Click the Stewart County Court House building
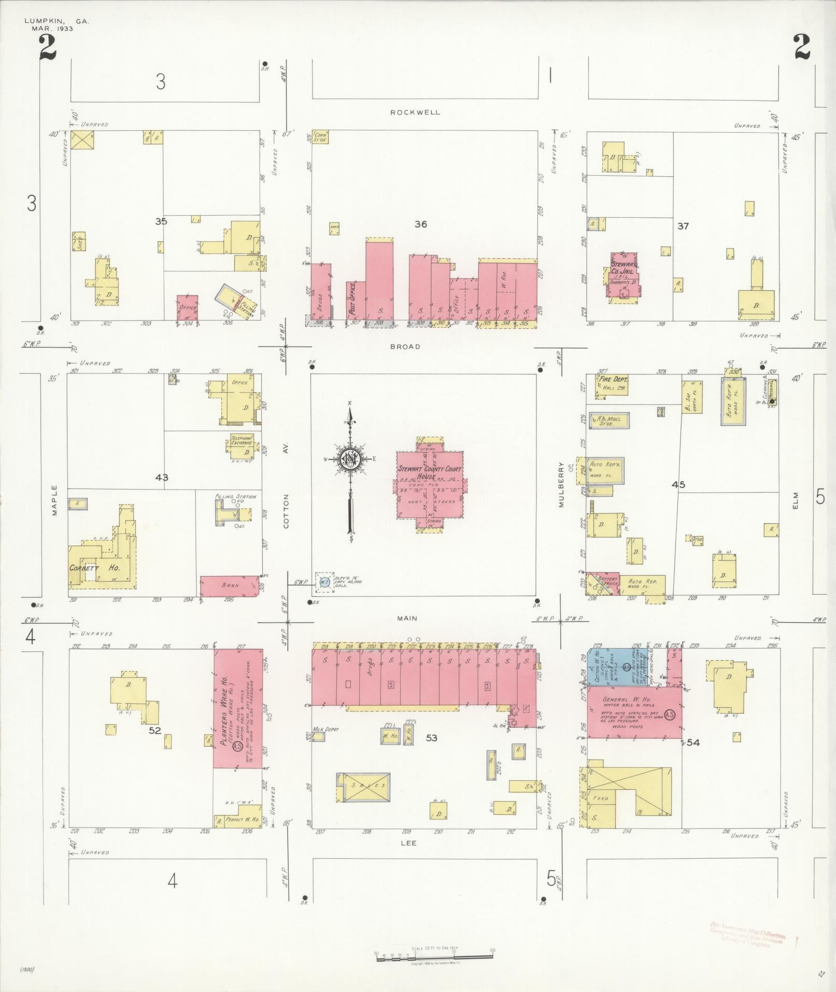[x=429, y=482]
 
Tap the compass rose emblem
[x=350, y=459]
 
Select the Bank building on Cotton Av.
[x=230, y=585]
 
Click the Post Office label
[x=353, y=300]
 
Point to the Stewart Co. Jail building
[x=622, y=275]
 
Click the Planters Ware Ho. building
[x=237, y=708]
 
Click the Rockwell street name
[x=415, y=112]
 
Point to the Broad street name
[x=405, y=346]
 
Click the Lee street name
[x=408, y=843]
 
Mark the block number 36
[x=420, y=224]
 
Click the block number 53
[x=432, y=738]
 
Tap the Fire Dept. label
[x=614, y=380]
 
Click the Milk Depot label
[x=325, y=729]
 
